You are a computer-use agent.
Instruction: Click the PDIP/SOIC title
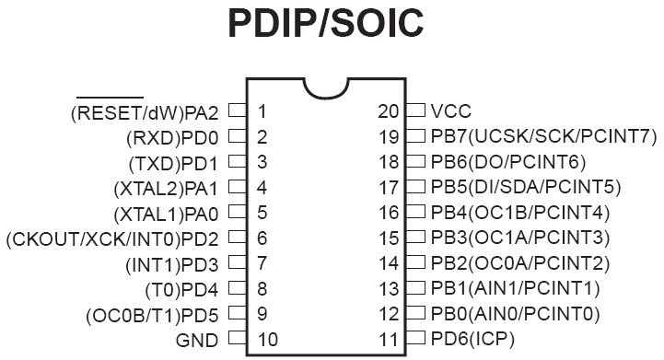coord(326,23)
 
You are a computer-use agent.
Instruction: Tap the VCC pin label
coord(451,111)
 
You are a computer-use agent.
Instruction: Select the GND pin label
coord(197,340)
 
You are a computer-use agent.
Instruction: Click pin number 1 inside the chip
coord(262,111)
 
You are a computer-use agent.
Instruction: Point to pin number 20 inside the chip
coord(389,111)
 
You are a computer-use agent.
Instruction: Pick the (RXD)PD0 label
coord(172,138)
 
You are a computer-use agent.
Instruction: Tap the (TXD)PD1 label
coord(173,163)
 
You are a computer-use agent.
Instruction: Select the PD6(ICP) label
coord(472,339)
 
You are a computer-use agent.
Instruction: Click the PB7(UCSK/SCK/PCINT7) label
coord(544,136)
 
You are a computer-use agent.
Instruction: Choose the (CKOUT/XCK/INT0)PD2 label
coord(112,239)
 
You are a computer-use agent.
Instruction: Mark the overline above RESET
coord(111,98)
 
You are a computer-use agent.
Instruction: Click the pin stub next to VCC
coord(415,110)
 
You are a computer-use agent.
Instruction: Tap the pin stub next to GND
coord(238,339)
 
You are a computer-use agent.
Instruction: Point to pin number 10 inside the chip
coord(268,339)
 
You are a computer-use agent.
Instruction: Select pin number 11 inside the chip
coord(389,339)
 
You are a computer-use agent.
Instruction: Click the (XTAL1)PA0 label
coord(166,214)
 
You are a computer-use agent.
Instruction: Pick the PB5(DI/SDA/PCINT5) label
coord(526,187)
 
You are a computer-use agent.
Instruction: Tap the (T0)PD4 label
coord(181,290)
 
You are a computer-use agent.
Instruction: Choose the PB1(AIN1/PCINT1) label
coord(516,288)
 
